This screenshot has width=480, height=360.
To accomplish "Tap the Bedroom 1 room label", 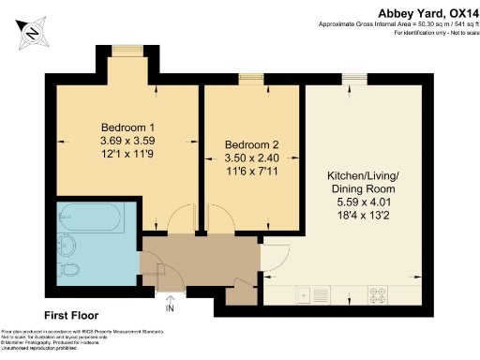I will pos(127,127).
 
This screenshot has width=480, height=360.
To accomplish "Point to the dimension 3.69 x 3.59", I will pos(127,141).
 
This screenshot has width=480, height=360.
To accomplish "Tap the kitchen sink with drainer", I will pos(313,294).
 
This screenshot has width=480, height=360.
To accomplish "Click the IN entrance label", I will pos(170,307).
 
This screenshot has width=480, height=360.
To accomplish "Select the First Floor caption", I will pos(71,315).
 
